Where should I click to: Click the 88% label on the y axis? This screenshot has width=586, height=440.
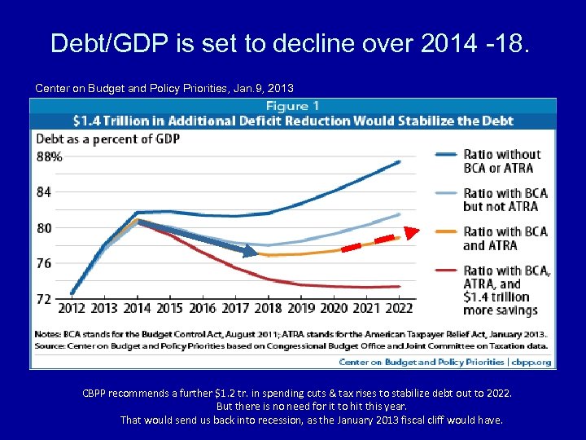click(50, 156)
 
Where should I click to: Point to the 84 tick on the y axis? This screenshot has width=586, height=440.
click(44, 192)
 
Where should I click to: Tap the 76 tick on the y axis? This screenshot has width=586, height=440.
click(44, 263)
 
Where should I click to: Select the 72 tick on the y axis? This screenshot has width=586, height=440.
click(44, 299)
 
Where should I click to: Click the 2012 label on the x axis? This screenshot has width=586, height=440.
click(72, 308)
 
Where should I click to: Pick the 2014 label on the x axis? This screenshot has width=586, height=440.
click(137, 308)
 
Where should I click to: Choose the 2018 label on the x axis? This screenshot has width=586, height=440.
click(268, 308)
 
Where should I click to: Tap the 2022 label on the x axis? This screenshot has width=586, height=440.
click(398, 308)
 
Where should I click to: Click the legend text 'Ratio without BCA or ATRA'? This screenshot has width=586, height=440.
click(501, 161)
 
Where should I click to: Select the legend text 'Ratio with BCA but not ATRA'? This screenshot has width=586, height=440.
click(505, 200)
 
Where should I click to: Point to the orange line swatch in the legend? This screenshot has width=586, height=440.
click(445, 231)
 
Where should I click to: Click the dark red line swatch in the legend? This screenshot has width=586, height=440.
click(445, 271)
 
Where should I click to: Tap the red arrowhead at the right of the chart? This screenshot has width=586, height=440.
click(410, 232)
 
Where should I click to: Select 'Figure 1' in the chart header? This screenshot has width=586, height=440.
click(292, 107)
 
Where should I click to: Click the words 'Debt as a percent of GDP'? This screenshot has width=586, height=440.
click(108, 139)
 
